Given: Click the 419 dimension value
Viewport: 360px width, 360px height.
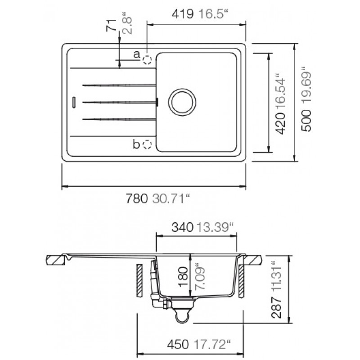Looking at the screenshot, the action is tap(183, 14).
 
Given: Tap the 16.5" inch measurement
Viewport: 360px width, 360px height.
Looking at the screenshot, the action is tap(213, 14).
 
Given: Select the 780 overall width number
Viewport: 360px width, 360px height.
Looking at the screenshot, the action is tap(137, 198).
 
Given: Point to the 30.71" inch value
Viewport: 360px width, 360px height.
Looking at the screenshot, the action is tap(171, 198).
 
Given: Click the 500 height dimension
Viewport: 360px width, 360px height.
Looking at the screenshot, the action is tap(306, 120).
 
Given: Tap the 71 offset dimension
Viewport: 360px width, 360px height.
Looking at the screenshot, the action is tap(111, 25).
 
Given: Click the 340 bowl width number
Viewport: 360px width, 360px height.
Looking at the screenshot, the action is tap(183, 227).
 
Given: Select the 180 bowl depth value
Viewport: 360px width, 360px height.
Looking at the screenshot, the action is tap(184, 277).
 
